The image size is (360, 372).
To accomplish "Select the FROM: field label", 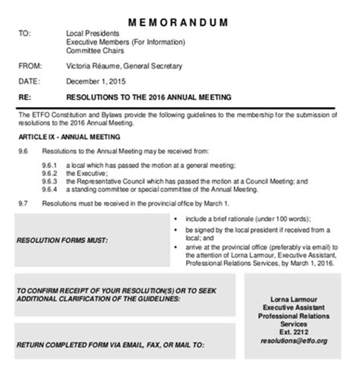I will point(30,66).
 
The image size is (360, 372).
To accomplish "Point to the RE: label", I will point(24,97).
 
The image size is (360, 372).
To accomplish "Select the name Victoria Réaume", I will point(94,66).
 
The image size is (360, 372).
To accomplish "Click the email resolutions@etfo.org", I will point(293,342).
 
